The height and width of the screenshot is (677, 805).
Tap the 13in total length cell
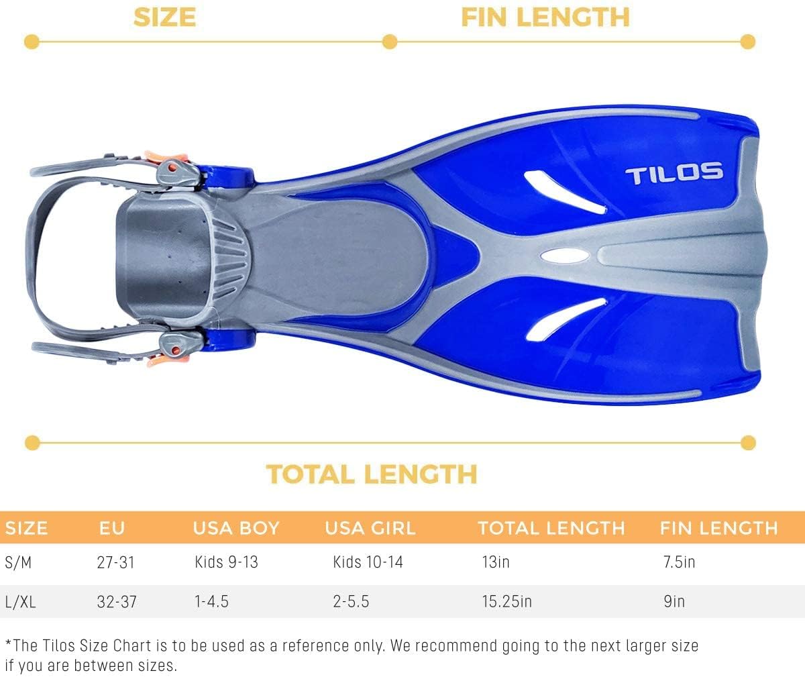495,561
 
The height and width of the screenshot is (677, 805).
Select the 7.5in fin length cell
679,561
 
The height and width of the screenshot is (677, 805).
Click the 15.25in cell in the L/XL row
506,601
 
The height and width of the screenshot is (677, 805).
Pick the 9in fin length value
674,601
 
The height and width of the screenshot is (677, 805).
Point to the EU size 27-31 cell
115,561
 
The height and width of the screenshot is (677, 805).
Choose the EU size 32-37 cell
117,601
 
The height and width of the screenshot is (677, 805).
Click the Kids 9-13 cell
226,561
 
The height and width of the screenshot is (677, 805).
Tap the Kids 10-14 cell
368,561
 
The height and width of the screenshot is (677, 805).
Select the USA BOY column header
235,528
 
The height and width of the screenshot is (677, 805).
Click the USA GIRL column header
370,528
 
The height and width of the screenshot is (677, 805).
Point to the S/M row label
18,562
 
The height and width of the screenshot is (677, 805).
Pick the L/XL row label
20,601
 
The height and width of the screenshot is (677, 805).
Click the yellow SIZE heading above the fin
164,17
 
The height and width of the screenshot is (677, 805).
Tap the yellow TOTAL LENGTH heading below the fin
372,474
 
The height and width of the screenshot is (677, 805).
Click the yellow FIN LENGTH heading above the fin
545,17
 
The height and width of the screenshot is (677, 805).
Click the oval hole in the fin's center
562,256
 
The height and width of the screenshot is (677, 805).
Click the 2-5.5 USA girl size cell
351,601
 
